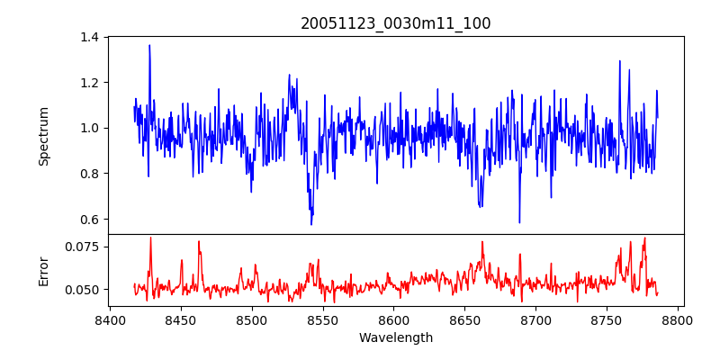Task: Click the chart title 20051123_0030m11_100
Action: [x=396, y=23]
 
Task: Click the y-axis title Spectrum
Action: [x=43, y=136]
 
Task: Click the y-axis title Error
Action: [x=43, y=270]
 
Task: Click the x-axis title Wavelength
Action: [x=396, y=338]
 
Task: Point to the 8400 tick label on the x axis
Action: [x=110, y=320]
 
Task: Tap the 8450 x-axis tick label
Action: [x=181, y=320]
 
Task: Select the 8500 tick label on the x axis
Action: [x=252, y=320]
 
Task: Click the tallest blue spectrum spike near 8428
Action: [x=149, y=45]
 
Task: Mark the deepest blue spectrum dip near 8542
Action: [x=311, y=223]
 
